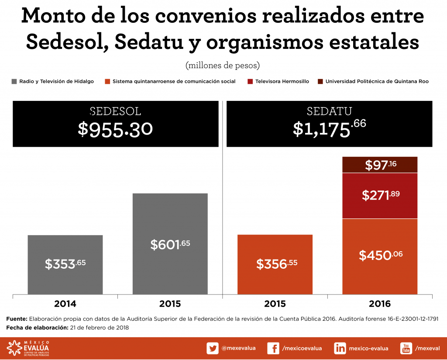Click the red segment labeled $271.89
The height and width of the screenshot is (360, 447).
point(380,195)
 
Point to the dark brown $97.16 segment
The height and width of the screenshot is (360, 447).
point(380,165)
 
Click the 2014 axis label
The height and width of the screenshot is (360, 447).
point(65,304)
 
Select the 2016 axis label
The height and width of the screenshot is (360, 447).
point(380,304)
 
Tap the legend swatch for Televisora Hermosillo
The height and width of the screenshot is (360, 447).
point(250,81)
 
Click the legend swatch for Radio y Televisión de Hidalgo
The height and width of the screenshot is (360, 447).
point(14,81)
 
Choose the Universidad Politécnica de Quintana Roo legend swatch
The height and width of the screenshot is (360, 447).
point(320,81)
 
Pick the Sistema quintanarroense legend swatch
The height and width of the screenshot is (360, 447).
point(107,81)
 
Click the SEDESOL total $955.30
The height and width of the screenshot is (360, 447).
point(115,129)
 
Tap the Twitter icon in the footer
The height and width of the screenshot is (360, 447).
point(213,348)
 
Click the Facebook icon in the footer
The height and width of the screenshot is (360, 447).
point(273,348)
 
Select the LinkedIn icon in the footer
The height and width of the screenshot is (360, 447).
point(340,348)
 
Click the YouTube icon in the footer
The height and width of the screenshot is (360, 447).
point(406,348)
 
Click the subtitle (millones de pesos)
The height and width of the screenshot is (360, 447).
point(223,66)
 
